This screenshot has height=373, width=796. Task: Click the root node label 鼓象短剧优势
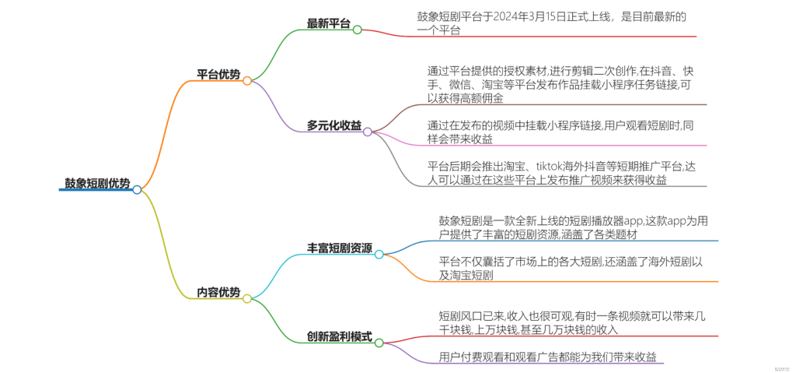click(x=97, y=184)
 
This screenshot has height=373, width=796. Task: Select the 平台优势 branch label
click(x=218, y=75)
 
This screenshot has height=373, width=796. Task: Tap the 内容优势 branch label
click(x=218, y=293)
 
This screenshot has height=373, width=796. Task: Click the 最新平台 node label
click(x=328, y=24)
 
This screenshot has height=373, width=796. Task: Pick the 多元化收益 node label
click(x=333, y=125)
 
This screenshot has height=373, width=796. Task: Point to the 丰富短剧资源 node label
click(x=340, y=248)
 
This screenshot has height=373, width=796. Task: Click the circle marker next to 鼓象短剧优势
click(x=137, y=189)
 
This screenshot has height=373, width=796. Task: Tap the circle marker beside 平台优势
click(x=247, y=80)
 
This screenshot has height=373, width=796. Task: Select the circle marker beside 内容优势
click(x=247, y=298)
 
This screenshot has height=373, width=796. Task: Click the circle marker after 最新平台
click(x=358, y=30)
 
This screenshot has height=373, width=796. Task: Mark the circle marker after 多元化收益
click(x=368, y=132)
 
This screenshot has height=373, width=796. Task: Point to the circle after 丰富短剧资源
click(x=379, y=254)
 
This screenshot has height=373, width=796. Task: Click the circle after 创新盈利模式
click(x=379, y=342)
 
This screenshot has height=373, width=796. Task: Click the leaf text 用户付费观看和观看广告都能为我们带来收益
click(x=549, y=357)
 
